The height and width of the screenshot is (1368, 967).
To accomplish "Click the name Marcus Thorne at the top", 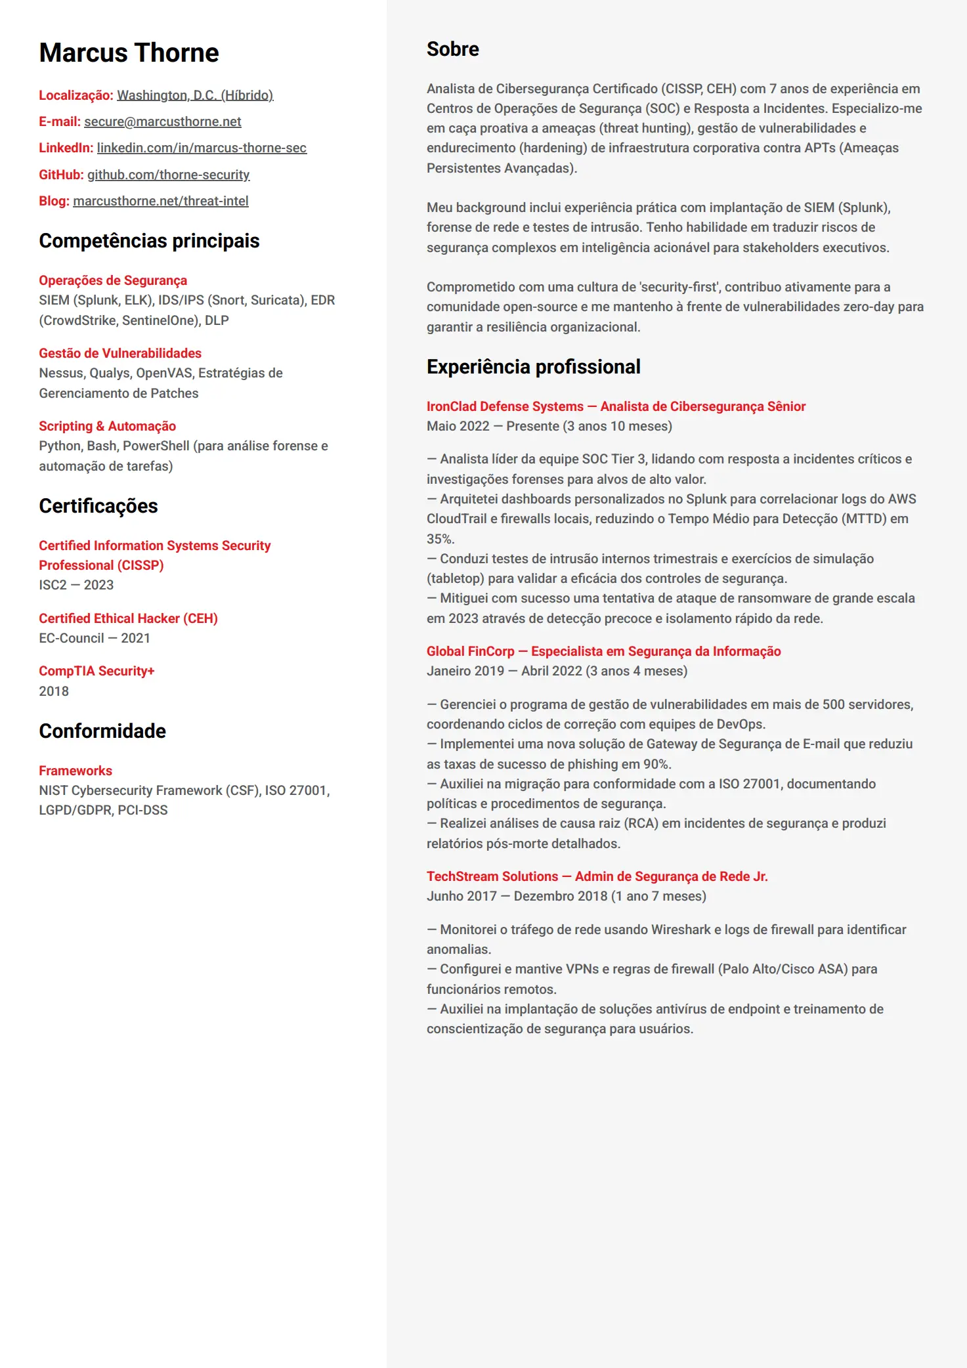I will (129, 53).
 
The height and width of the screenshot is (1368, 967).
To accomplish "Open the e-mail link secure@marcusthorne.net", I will (162, 121).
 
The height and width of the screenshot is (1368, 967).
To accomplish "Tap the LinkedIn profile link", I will (202, 148).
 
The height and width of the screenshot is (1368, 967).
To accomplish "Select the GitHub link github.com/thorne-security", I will (168, 175).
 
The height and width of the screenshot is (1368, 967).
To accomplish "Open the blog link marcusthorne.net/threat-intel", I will (160, 201).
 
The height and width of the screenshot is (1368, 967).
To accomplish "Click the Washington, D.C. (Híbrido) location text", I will (195, 95).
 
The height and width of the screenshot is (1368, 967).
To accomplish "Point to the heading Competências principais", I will (149, 241).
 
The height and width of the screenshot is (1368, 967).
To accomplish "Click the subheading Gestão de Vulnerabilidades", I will (120, 353).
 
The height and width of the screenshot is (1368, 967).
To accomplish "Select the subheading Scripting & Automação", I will (107, 426).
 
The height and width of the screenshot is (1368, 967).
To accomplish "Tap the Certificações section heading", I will (98, 506).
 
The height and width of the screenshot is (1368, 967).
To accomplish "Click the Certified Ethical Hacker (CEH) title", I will (128, 618).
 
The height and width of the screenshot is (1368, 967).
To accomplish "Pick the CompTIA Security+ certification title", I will (97, 671).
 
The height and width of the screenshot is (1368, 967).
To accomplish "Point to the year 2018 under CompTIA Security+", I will (54, 691).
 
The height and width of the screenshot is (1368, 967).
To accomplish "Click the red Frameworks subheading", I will (75, 771).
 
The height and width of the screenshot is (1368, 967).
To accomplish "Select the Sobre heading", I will (452, 49).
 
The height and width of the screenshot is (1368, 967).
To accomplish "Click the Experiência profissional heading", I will (533, 367).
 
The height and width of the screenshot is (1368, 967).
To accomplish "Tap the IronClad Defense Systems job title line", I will (616, 406).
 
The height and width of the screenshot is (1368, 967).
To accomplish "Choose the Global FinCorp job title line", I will (603, 651).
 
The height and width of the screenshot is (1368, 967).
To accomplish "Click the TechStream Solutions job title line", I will (597, 876).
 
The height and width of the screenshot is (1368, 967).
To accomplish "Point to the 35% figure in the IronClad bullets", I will (440, 539).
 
